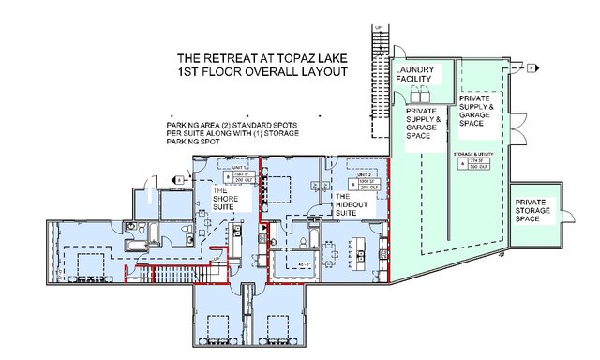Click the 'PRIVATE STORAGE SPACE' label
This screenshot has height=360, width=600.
point(534,206)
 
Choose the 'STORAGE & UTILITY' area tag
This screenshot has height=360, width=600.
point(471,154)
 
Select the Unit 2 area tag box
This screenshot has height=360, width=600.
point(361,181)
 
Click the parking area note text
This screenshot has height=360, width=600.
point(232,134)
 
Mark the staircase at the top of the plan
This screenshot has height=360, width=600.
point(380,56)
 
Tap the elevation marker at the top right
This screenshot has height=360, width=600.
point(530,68)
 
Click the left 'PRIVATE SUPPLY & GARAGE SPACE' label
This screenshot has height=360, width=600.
point(425,124)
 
